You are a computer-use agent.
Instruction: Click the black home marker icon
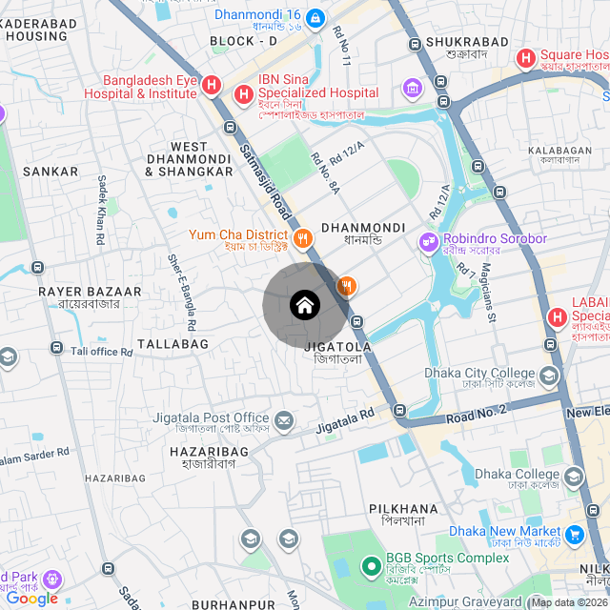304,306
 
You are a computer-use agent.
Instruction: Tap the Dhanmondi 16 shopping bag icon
315,16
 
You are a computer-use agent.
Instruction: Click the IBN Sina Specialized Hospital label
318,93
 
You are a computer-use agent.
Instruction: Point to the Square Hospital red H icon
525,58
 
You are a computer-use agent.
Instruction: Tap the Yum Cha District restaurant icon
303,237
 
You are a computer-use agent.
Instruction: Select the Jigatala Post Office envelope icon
284,419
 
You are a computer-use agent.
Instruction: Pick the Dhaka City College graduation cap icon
549,376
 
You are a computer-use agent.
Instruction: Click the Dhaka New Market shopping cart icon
574,534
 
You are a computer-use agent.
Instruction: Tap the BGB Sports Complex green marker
371,566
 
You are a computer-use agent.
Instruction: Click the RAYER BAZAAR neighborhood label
91,292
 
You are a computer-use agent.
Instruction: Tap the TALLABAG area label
173,343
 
